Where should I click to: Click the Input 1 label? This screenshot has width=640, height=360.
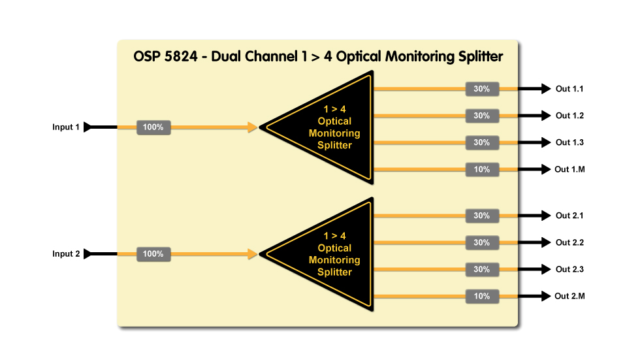pyautogui.click(x=66, y=127)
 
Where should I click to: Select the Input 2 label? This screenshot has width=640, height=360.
pyautogui.click(x=66, y=254)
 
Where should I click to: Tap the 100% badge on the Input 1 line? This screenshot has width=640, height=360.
pyautogui.click(x=153, y=127)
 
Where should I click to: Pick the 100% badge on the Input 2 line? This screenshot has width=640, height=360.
pyautogui.click(x=153, y=254)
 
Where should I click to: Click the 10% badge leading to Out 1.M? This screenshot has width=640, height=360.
pyautogui.click(x=482, y=170)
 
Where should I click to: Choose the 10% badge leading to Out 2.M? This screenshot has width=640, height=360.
pyautogui.click(x=482, y=297)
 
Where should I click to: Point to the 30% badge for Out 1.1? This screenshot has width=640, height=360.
pyautogui.click(x=482, y=89)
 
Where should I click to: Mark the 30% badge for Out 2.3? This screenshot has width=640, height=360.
pyautogui.click(x=482, y=269)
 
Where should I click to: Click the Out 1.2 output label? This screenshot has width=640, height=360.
pyautogui.click(x=569, y=116)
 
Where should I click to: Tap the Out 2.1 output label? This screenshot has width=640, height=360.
pyautogui.click(x=569, y=216)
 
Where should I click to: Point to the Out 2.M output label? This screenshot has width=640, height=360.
pyautogui.click(x=569, y=297)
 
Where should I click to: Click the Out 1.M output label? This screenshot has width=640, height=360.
pyautogui.click(x=569, y=170)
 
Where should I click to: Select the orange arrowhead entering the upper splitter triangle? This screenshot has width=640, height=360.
pyautogui.click(x=253, y=127)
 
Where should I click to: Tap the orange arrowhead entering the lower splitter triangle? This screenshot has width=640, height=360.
pyautogui.click(x=253, y=254)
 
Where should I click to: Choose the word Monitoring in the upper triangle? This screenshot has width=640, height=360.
pyautogui.click(x=334, y=133)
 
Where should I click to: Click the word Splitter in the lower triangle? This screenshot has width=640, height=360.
pyautogui.click(x=334, y=272)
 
